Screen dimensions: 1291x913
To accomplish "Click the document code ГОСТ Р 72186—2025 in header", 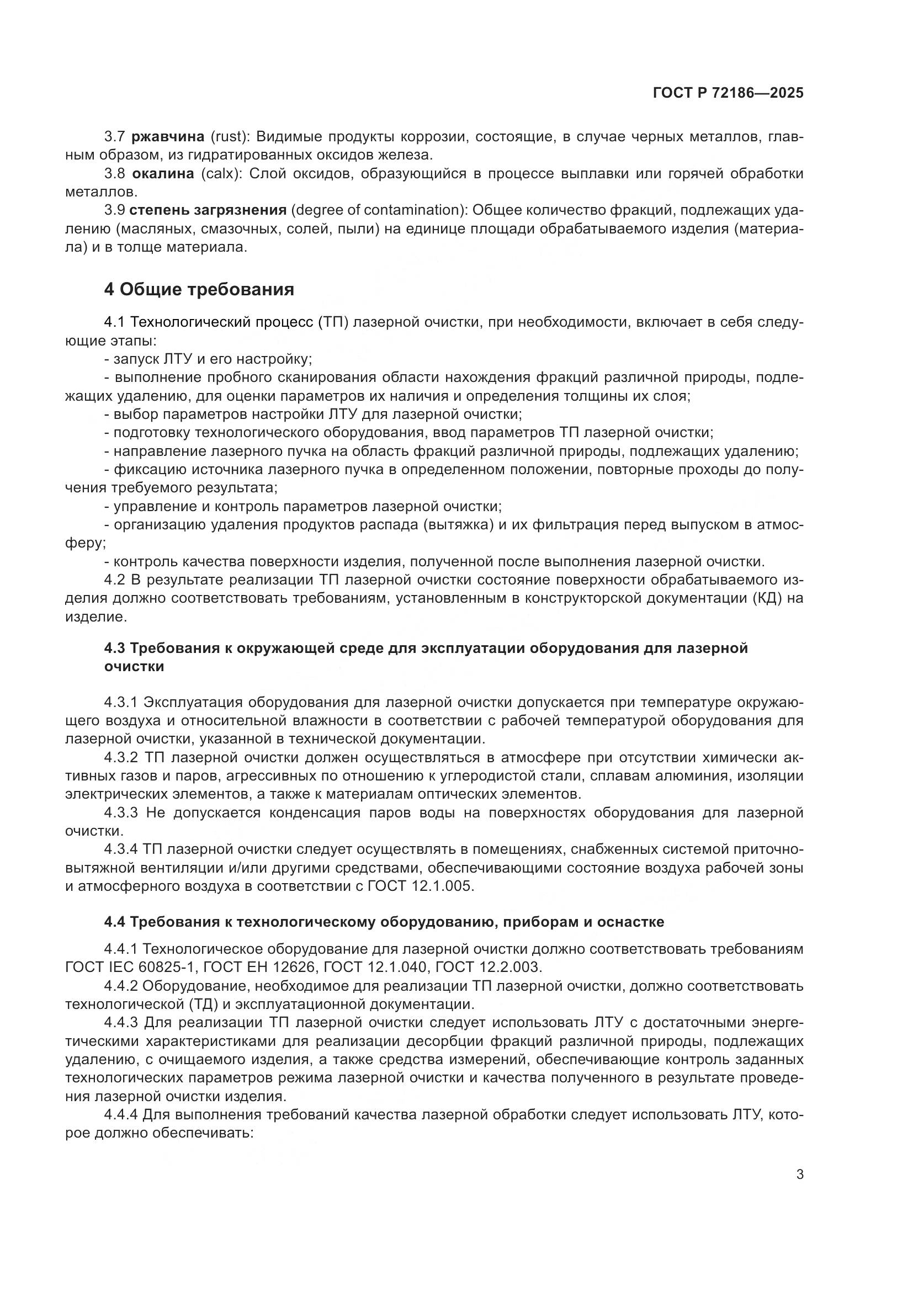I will pos(728,93).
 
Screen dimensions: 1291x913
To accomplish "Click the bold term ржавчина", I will pos(168,137).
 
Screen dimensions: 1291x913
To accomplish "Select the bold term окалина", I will pos(163,174).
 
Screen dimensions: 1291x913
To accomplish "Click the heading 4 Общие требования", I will pos(199,290).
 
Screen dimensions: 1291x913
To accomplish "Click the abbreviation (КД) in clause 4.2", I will pos(767,598).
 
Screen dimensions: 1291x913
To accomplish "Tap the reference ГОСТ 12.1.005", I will pos(421,886).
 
